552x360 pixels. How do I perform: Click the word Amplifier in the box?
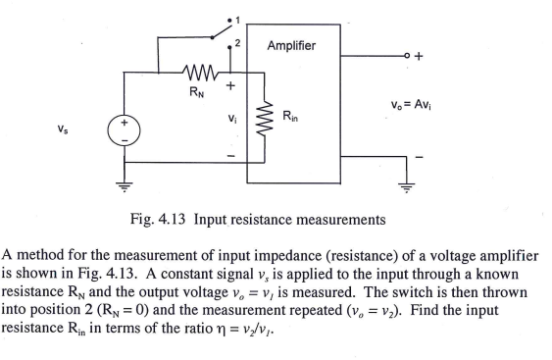tap(291, 46)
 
